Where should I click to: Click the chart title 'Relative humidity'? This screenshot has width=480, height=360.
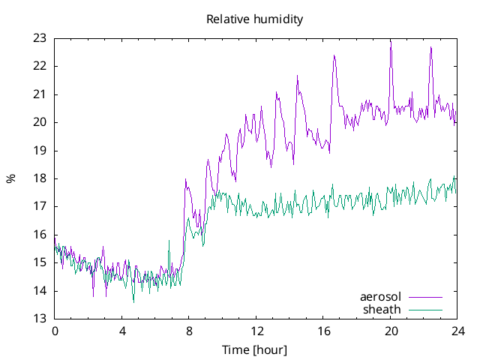click(255, 19)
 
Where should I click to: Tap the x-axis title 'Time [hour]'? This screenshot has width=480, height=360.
click(255, 349)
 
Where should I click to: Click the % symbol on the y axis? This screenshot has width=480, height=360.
click(10, 178)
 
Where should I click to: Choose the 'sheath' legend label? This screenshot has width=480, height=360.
click(382, 309)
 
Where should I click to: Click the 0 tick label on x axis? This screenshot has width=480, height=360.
click(55, 331)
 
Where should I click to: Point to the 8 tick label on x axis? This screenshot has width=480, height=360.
click(189, 331)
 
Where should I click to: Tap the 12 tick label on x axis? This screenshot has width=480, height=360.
click(256, 331)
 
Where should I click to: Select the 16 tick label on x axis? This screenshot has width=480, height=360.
click(323, 331)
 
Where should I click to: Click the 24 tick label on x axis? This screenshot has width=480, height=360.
click(457, 331)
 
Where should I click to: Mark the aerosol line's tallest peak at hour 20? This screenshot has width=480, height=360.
click(390, 40)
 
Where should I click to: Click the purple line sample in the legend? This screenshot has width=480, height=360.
click(425, 297)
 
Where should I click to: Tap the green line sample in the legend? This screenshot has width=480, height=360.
click(425, 309)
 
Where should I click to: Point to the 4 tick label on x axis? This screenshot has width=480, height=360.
click(122, 331)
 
